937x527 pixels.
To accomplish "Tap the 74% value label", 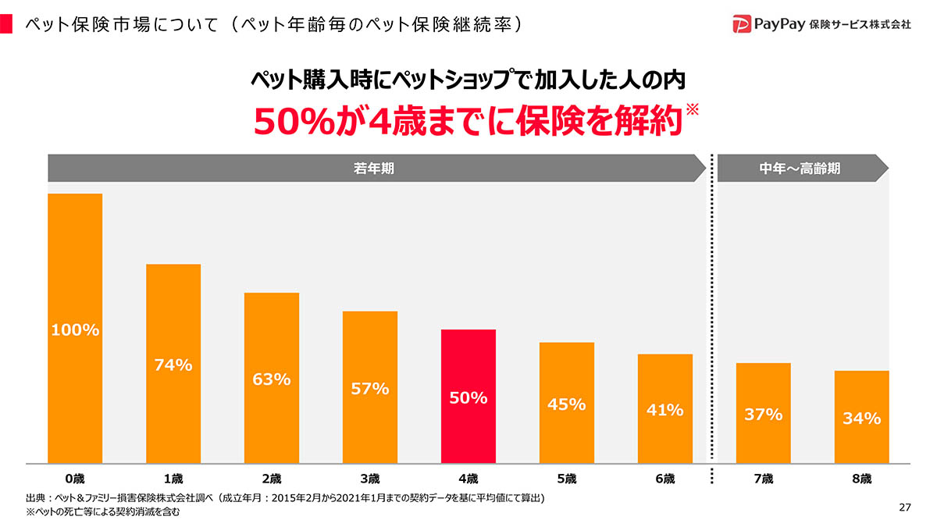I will [x=173, y=365].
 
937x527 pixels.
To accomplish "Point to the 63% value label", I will [x=272, y=379].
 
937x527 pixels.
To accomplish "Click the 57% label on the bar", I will [x=370, y=388].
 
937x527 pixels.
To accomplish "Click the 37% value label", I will [x=764, y=415].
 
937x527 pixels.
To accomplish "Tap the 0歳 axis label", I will [x=75, y=479].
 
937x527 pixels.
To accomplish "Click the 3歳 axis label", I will [x=370, y=479].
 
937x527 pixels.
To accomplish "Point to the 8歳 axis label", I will [x=862, y=479].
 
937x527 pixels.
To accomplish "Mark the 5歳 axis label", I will [x=567, y=479].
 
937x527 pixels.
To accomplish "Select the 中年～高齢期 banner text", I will [x=800, y=168].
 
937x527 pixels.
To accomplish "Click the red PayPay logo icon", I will [x=742, y=23].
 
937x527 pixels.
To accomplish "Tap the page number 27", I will [x=905, y=508].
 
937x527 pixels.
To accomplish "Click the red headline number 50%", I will [x=286, y=122].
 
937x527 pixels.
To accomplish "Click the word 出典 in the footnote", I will [x=34, y=498].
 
